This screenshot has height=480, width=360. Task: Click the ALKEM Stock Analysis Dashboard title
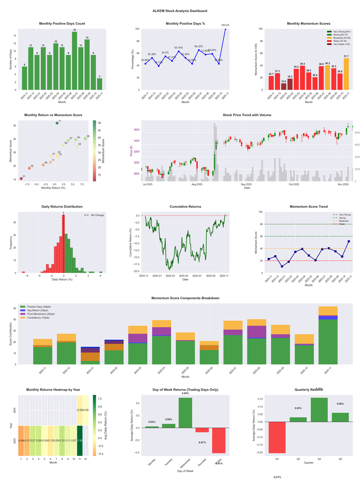click(180, 10)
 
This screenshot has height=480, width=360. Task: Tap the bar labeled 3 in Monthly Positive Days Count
click(99, 84)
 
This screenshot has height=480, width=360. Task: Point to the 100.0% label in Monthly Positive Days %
click(225, 25)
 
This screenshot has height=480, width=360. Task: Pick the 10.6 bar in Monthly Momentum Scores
click(283, 86)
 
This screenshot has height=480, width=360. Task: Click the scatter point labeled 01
click(21, 179)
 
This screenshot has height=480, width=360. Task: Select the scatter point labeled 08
click(85, 138)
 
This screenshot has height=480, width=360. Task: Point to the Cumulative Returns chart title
click(185, 206)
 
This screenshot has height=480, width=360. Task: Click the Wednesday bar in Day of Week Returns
click(185, 412)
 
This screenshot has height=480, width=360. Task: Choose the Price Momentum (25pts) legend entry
click(41, 314)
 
